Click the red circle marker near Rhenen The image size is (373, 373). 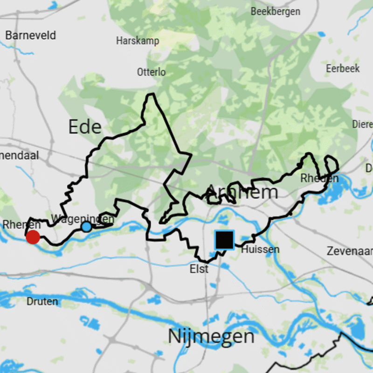[33, 237]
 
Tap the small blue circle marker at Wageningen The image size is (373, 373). [86, 227]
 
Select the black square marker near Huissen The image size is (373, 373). [224, 240]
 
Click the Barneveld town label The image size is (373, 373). [31, 35]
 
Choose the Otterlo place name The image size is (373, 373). [151, 72]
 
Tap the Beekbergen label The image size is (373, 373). [276, 12]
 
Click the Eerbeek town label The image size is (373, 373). [343, 69]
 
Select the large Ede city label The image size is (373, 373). [85, 126]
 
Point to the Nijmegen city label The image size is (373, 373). [211, 336]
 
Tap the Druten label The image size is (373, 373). [42, 302]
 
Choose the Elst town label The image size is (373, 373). [199, 269]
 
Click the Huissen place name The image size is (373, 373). [260, 249]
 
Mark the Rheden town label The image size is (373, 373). [319, 178]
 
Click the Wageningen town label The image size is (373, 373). [83, 219]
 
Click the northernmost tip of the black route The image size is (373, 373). [151, 94]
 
